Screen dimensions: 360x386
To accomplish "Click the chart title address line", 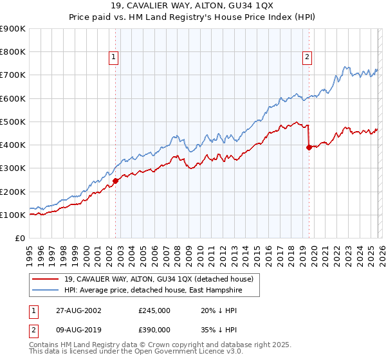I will [192, 6].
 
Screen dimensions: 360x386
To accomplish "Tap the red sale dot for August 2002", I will [116, 181].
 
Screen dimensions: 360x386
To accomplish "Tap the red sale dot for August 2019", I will [309, 147].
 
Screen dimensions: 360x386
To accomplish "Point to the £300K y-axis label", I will [13, 168].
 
